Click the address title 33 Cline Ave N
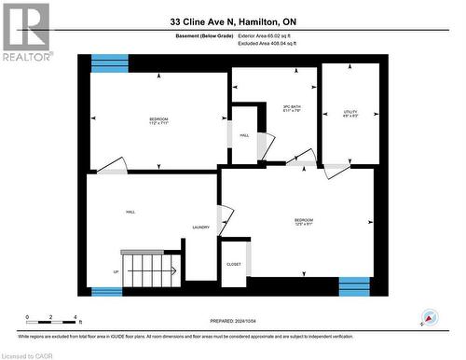[x=233, y=21]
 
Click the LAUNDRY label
[x=199, y=228]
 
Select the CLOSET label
[x=233, y=264]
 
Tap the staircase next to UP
[x=149, y=270]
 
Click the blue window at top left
[x=110, y=63]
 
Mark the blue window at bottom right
[x=354, y=286]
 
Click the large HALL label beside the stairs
[x=131, y=213]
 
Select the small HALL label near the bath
[x=244, y=135]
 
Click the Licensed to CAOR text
[x=28, y=354]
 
